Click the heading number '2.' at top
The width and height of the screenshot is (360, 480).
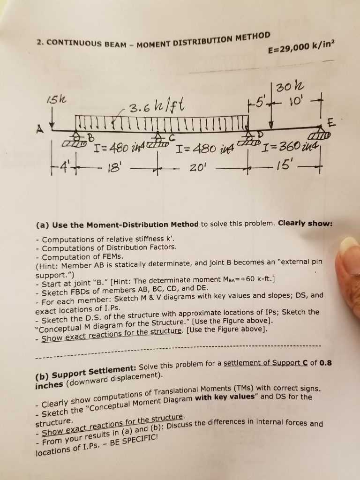point(40,41)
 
